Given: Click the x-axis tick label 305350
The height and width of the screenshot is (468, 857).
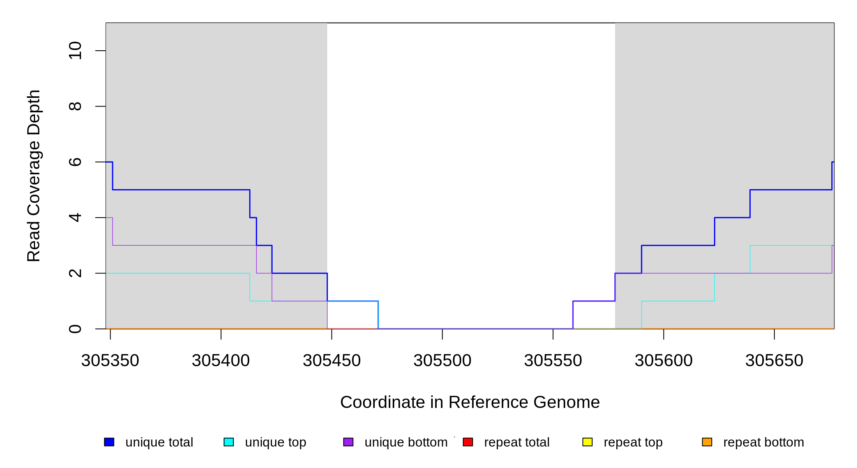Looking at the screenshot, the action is pos(110,361).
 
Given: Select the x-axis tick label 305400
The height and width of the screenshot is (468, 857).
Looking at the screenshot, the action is pos(221,361).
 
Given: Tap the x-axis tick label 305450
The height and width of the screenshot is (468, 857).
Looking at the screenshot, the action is pos(332,361).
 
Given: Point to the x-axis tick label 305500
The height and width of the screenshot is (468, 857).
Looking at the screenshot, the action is pos(443,361).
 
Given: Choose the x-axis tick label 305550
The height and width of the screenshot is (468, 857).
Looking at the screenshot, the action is pos(553,361).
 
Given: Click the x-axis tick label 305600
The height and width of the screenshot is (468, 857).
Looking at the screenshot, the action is pos(664,361).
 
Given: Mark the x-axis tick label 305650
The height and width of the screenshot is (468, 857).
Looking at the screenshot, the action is pos(774,361).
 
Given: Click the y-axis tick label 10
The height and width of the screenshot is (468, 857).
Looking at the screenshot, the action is pos(75,51).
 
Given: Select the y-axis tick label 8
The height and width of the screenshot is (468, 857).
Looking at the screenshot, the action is pos(75,106).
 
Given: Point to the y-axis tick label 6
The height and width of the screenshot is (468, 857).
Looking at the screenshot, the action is pos(75,162).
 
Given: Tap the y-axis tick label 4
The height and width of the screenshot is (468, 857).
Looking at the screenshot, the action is pos(75,218).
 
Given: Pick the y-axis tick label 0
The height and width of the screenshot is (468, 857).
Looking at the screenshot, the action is pos(75,329).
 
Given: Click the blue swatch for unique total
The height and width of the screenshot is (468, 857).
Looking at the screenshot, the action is pos(109,442).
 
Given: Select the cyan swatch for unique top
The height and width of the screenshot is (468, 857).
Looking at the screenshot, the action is pos(229,442).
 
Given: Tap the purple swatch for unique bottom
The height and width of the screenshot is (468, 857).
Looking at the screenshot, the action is pos(348,442).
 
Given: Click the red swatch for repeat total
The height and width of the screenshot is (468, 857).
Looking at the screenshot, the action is pos(468,442).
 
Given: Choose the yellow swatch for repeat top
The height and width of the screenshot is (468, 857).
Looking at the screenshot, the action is pos(587,442).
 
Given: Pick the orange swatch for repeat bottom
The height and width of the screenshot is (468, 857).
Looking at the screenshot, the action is pos(707,442).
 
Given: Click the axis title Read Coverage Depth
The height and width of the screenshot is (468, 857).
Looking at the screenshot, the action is pos(34,175).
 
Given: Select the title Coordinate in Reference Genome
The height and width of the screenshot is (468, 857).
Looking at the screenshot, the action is pos(470,402).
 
